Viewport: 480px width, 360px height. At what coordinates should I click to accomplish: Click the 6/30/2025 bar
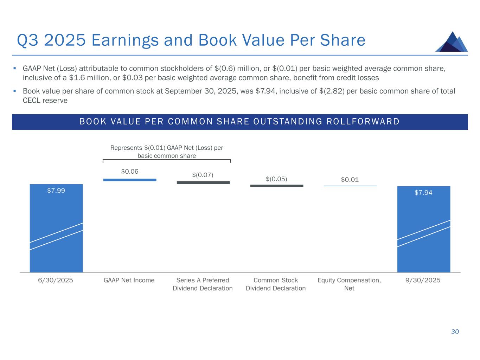[56, 229]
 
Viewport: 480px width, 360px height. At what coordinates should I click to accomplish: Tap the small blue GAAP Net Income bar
[130, 180]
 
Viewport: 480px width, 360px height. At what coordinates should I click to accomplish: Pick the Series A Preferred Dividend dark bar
[203, 182]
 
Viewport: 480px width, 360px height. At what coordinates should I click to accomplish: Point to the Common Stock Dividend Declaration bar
[277, 185]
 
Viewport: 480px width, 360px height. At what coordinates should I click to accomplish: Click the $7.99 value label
[56, 191]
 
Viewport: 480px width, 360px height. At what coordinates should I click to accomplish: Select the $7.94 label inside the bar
[423, 193]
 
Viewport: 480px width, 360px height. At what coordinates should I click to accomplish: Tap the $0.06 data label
[130, 172]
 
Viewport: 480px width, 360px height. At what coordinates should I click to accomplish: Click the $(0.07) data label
[203, 175]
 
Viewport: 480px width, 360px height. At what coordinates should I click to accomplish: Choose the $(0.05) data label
[276, 179]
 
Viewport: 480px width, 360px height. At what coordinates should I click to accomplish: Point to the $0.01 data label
[350, 180]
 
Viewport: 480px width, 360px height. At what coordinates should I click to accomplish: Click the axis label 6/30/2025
[56, 280]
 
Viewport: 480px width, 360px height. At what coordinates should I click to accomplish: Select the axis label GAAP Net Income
[129, 280]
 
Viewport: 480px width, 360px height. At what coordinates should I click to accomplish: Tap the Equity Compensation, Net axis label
[349, 284]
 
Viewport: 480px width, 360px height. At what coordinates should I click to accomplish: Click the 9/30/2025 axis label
[423, 280]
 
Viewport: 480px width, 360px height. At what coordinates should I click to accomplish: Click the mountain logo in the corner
[452, 42]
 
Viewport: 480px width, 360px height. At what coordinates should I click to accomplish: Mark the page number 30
[455, 332]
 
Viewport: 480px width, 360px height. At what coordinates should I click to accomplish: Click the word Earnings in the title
[125, 40]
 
